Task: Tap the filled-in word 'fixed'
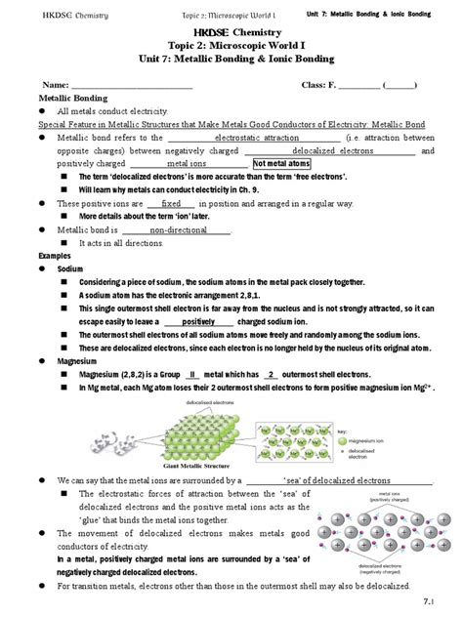172,203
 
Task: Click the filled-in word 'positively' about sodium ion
198,321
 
